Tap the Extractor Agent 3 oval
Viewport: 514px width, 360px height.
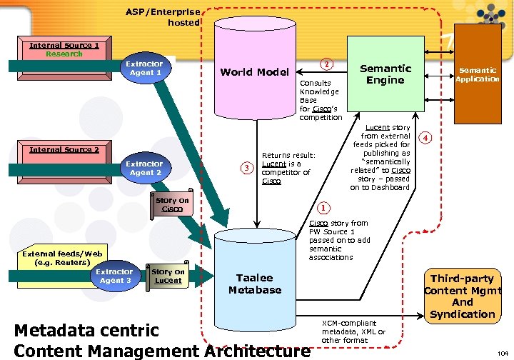[x=114, y=276]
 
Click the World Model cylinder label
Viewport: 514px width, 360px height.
[x=254, y=72]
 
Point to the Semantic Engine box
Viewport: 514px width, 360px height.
[x=385, y=74]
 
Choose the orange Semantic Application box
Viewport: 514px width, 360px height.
[x=478, y=74]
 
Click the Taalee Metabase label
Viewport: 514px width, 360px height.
[x=255, y=284]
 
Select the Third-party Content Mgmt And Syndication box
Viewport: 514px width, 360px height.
[x=463, y=296]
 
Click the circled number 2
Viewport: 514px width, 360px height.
[x=326, y=64]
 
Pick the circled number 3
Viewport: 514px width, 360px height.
[x=247, y=168]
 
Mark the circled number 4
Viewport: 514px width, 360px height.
[x=426, y=137]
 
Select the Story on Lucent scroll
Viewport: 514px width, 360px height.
[x=168, y=276]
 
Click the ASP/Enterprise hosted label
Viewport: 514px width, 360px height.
[x=163, y=17]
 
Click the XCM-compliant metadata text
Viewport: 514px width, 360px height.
[x=354, y=332]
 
